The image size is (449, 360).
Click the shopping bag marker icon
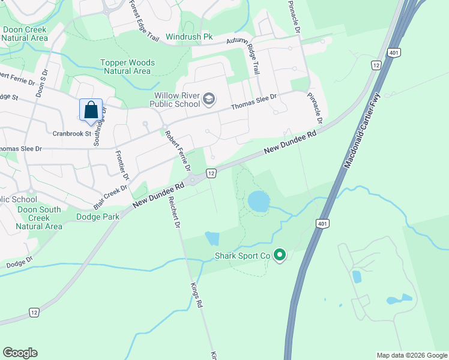point(91,110)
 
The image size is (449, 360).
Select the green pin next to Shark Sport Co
point(279,256)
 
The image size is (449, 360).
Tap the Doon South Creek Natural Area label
point(38,218)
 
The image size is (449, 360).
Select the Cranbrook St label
point(71,133)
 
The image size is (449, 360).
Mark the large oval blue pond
point(259,202)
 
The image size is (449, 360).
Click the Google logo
point(20,353)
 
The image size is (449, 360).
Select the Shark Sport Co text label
point(243,256)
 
